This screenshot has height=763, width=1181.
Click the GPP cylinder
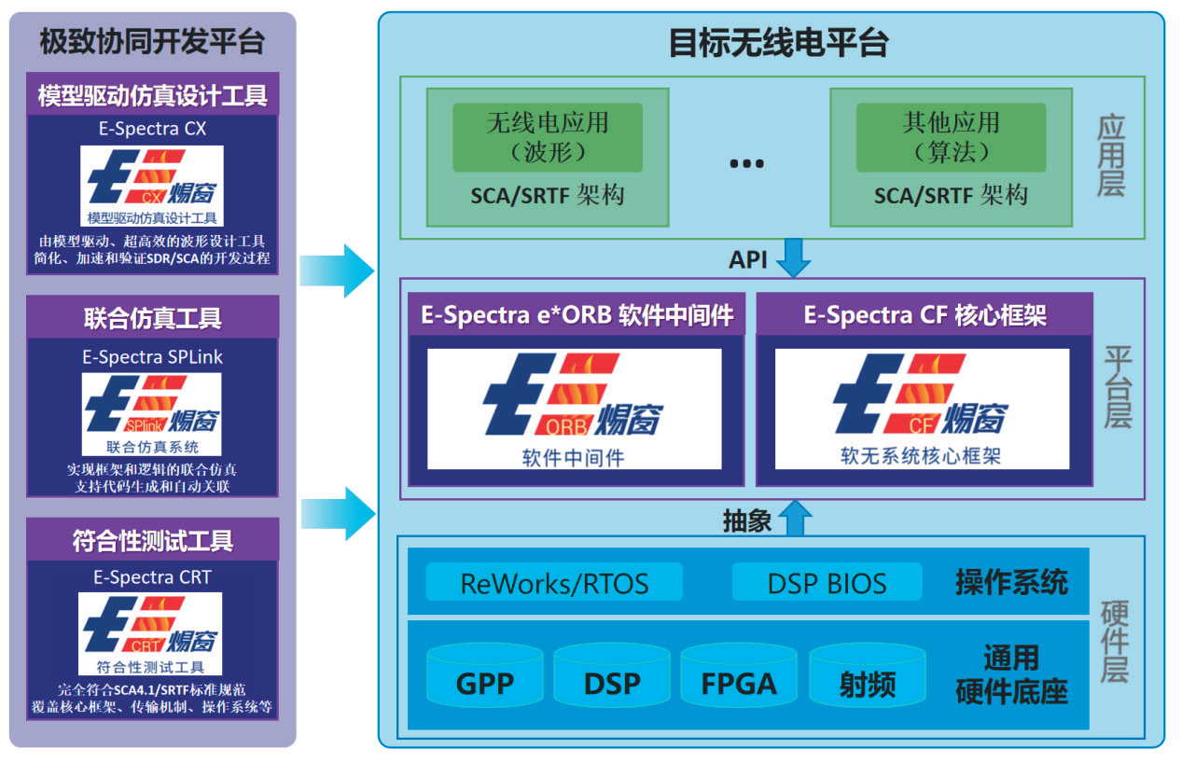(485, 675)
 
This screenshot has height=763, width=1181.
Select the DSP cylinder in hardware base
(612, 675)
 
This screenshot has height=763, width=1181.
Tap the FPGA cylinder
(739, 675)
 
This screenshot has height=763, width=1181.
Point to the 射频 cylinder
(868, 675)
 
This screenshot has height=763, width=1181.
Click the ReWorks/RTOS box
(554, 582)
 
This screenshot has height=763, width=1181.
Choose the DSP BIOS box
(827, 582)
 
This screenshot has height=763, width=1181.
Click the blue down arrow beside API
(794, 257)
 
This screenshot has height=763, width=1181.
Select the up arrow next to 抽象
(796, 519)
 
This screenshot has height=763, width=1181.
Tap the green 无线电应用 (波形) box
(548, 138)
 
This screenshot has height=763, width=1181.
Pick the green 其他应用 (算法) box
(951, 138)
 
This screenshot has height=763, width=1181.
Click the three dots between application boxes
(746, 163)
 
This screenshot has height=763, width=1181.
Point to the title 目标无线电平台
(779, 43)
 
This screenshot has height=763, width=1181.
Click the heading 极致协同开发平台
(152, 41)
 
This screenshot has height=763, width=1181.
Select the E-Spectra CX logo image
(152, 186)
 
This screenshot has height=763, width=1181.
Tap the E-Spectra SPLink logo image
(152, 414)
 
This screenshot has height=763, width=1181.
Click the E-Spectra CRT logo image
(150, 633)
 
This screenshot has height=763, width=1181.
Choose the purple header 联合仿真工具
(152, 317)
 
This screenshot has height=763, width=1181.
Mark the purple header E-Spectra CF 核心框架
(924, 314)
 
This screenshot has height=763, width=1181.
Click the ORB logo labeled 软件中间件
(574, 409)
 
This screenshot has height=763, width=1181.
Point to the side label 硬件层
(1115, 641)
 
